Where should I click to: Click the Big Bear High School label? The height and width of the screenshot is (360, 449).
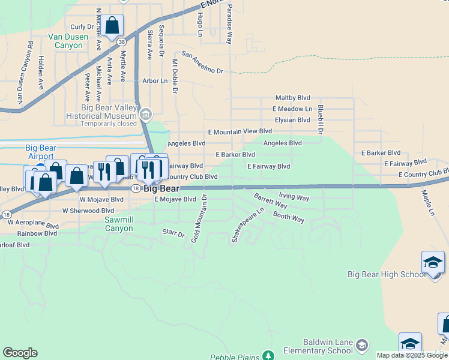[387, 274]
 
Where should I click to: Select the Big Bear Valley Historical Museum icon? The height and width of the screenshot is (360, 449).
[145, 113]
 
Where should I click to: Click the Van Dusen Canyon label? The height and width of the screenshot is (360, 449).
[68, 41]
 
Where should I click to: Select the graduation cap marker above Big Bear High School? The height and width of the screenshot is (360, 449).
[433, 262]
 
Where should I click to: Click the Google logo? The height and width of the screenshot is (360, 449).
[20, 353]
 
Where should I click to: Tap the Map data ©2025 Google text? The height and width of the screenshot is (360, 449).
[411, 355]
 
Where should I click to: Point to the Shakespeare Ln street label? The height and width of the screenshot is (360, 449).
[248, 226]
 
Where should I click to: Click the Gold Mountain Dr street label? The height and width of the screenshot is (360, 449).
[199, 218]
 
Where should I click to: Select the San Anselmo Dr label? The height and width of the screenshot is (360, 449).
[202, 62]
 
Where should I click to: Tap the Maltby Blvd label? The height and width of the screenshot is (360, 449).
[292, 97]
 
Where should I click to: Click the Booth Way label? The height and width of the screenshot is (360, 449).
[289, 217]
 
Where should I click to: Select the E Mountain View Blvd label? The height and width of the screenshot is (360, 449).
[240, 131]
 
